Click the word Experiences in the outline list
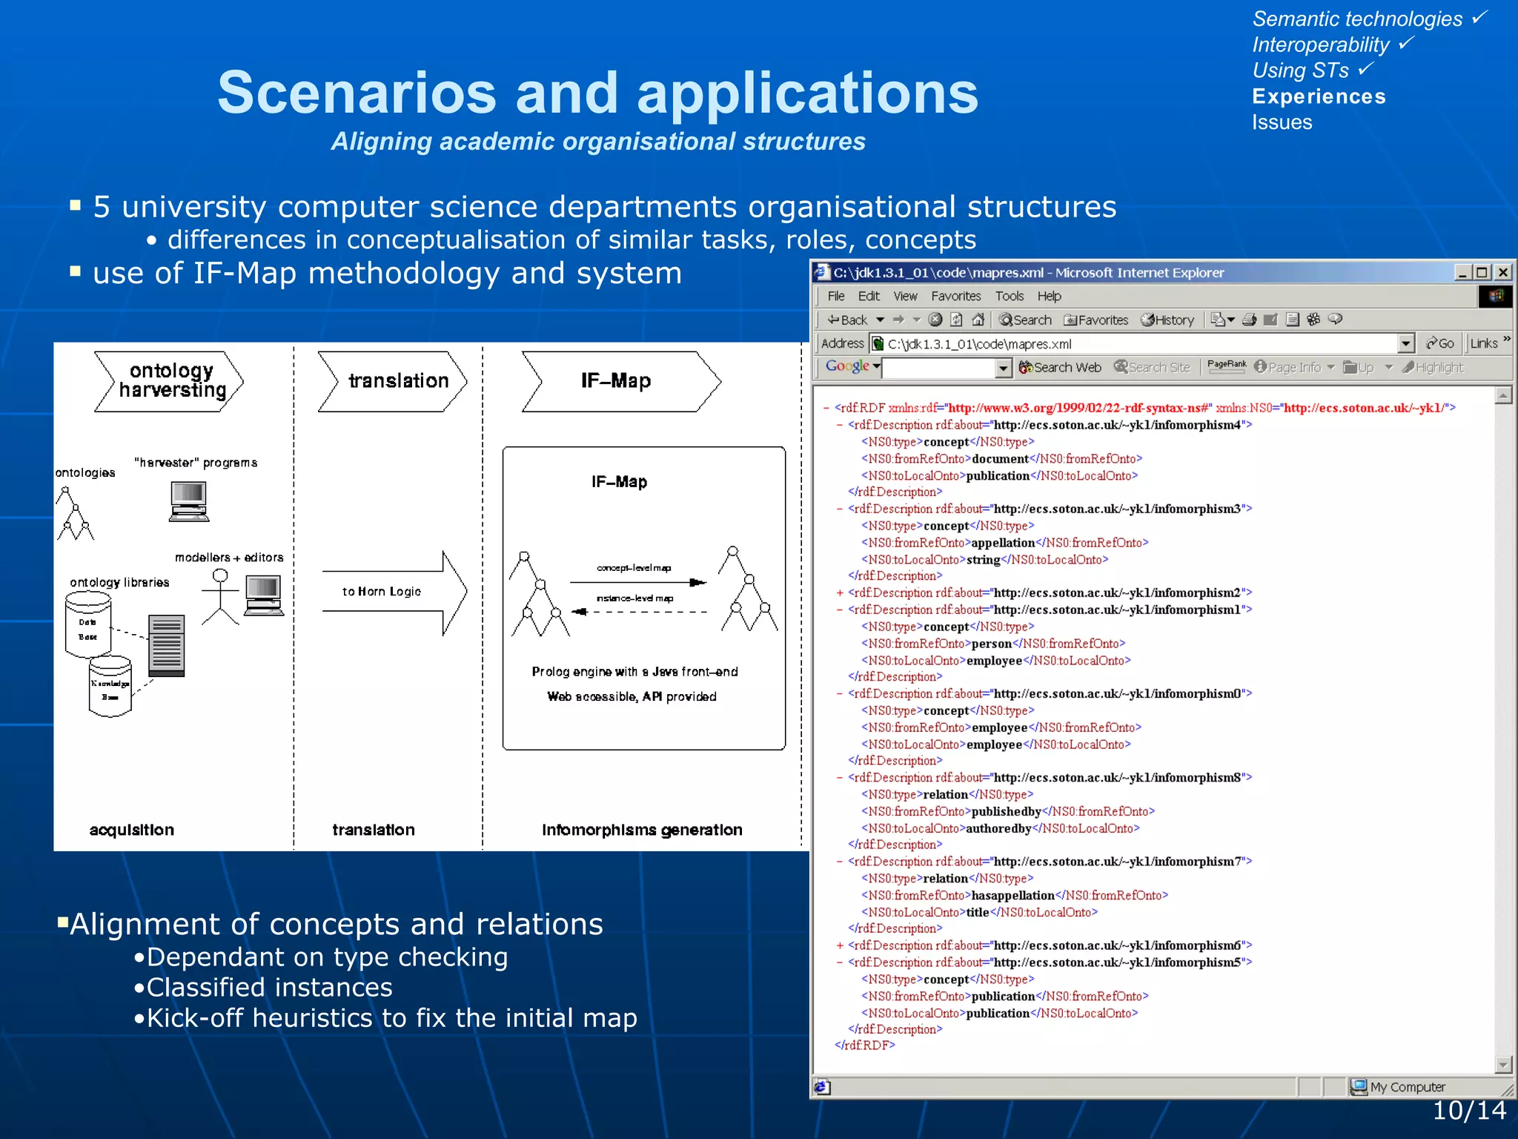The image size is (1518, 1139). (1318, 96)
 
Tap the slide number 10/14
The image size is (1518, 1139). (1468, 1110)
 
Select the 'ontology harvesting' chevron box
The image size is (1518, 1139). (170, 381)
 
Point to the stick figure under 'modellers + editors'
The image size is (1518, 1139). (220, 597)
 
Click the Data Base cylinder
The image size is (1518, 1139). (88, 629)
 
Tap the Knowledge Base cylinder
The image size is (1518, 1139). (110, 687)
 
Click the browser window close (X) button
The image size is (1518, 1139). (1502, 272)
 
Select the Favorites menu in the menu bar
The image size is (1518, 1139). (955, 296)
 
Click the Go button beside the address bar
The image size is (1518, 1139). (1439, 343)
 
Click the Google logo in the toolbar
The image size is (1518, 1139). (847, 366)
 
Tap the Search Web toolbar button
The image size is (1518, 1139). (1060, 367)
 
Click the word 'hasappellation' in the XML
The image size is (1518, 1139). (1012, 896)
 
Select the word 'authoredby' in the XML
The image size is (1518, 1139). (998, 828)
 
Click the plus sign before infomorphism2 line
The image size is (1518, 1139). (840, 593)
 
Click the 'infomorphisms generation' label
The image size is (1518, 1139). (642, 830)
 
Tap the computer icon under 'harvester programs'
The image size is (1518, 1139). (188, 501)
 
